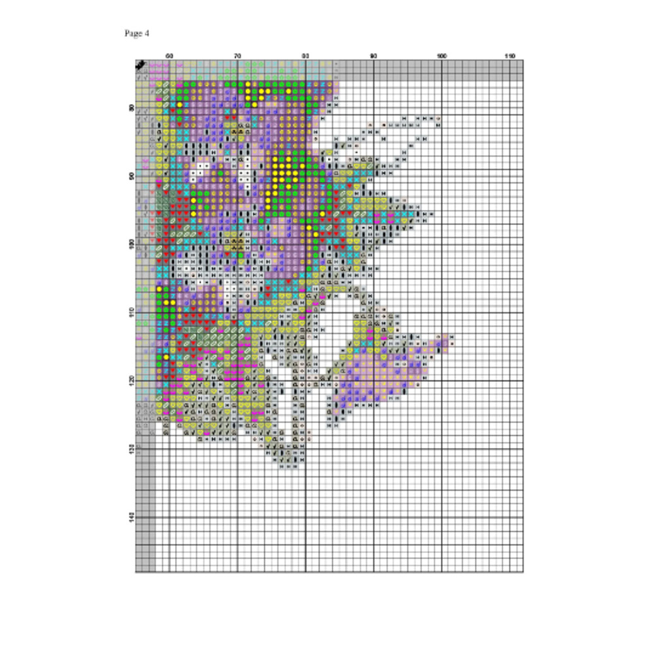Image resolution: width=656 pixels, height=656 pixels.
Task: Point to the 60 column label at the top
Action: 169,56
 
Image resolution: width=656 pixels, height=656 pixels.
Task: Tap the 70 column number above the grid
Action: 237,56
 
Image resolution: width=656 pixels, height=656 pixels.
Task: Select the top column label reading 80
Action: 306,56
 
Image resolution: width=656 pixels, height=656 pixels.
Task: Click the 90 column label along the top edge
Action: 374,56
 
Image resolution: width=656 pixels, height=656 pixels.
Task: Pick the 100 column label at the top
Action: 441,56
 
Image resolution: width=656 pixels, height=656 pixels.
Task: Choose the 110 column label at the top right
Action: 510,56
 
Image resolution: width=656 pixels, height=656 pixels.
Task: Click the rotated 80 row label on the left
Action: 132,108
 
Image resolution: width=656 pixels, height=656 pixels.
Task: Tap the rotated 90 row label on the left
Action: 132,176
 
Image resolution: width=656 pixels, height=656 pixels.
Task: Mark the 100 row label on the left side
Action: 132,244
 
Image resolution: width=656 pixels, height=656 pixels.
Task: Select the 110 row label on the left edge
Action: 132,312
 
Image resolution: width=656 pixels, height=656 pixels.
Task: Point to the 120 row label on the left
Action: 132,380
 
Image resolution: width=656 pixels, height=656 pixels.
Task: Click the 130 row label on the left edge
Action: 132,449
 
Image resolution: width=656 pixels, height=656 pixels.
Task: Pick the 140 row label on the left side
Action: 132,517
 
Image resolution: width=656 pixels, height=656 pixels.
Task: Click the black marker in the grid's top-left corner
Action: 140,65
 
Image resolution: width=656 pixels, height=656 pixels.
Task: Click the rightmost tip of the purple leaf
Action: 452,340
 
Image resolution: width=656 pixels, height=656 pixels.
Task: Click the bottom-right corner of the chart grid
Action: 523,572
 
